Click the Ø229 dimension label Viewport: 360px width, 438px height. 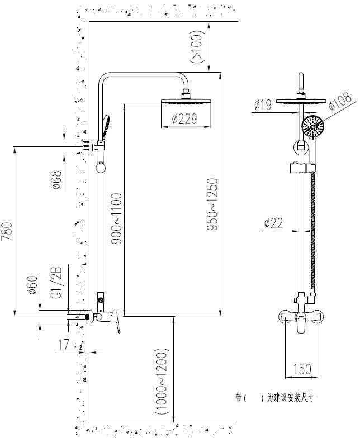click(x=184, y=119)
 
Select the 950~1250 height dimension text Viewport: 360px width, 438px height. click(x=212, y=204)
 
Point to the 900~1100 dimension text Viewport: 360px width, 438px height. click(x=116, y=219)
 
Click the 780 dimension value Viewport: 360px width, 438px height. click(x=7, y=231)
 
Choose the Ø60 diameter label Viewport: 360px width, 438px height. click(x=32, y=285)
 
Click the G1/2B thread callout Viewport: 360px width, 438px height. click(x=56, y=283)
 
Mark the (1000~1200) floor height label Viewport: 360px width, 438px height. click(x=162, y=382)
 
